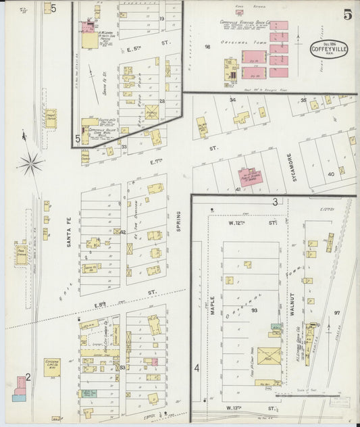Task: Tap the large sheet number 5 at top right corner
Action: [346, 14]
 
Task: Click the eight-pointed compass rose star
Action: [30, 161]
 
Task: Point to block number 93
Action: [255, 310]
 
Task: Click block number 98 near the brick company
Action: [208, 47]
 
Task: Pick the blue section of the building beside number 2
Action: [18, 397]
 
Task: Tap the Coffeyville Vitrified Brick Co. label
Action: [245, 22]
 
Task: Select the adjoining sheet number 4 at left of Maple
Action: [197, 368]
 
